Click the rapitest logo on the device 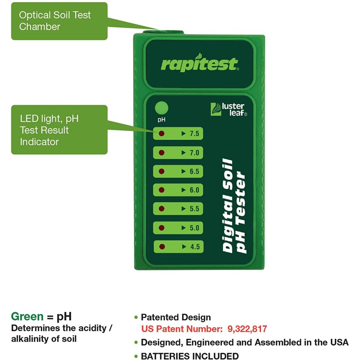(x=199, y=64)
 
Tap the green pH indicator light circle (x=161, y=108)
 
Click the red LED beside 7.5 (x=161, y=134)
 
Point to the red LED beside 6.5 (x=161, y=171)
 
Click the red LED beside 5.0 (x=161, y=228)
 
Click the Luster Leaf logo (x=229, y=109)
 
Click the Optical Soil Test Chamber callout (x=59, y=21)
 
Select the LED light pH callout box (x=59, y=130)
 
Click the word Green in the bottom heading (x=27, y=316)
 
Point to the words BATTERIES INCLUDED (x=190, y=356)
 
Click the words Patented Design (x=176, y=317)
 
